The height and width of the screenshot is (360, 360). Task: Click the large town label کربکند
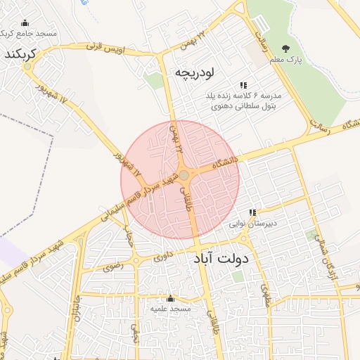[x=20, y=55]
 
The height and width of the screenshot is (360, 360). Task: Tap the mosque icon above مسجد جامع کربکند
[x=25, y=22]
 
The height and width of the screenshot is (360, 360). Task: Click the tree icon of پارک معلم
[x=285, y=48]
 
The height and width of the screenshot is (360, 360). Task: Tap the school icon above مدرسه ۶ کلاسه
[x=243, y=84]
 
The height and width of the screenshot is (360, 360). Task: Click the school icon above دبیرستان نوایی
[x=252, y=212]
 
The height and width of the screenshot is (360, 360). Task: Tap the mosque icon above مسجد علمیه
[x=170, y=298]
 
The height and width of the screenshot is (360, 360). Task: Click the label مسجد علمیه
[x=170, y=309]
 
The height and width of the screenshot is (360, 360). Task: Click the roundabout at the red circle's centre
[x=184, y=175]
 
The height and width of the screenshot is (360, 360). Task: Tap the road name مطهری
[x=265, y=295]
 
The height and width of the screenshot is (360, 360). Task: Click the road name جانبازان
[x=77, y=309]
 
